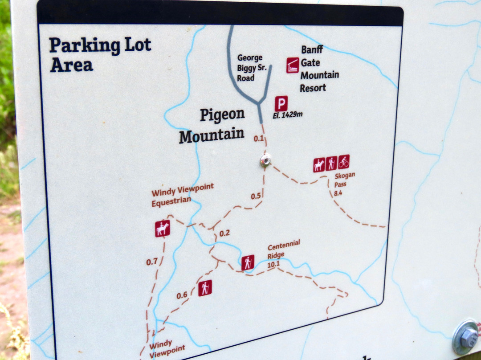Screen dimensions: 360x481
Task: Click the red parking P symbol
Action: click(x=281, y=103)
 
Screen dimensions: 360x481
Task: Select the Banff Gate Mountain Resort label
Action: click(x=319, y=69)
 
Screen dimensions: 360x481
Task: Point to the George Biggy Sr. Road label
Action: click(x=249, y=68)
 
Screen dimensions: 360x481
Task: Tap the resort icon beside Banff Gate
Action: click(x=292, y=65)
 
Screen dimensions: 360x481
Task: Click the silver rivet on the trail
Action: click(x=265, y=160)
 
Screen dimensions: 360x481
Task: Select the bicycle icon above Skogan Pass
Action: click(x=343, y=161)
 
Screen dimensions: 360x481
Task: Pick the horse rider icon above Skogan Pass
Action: click(x=319, y=165)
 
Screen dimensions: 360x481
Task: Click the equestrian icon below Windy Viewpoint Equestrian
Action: click(x=163, y=229)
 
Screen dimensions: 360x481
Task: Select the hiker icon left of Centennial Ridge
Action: click(x=248, y=262)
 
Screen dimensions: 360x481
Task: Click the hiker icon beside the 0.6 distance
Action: click(x=204, y=288)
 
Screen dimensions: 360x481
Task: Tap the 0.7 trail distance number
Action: click(x=152, y=262)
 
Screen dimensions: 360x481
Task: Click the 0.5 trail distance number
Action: click(x=256, y=196)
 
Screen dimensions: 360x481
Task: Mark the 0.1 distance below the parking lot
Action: click(x=259, y=139)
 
